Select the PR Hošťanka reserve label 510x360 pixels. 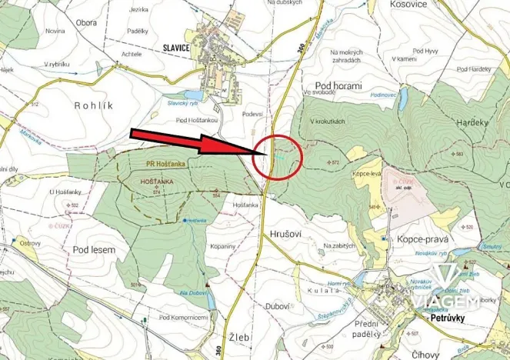click(158, 163)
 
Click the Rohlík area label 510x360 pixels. click(94, 104)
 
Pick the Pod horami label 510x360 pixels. click(338, 86)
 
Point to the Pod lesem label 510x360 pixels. click(95, 250)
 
